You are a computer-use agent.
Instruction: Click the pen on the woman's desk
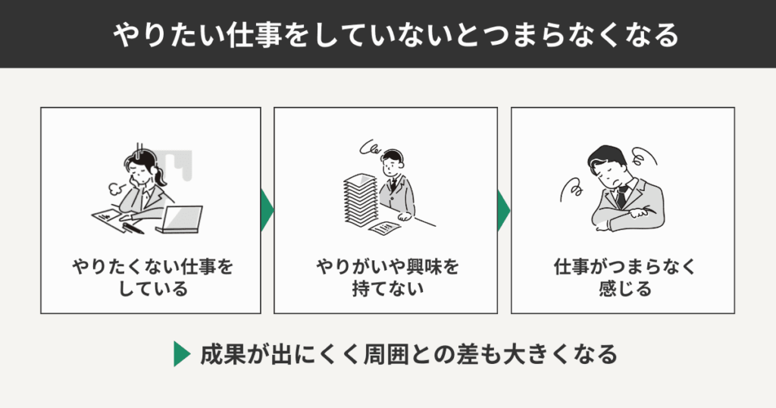(x=133, y=228)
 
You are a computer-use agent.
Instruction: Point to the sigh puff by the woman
(x=115, y=188)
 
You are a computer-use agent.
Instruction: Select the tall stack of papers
(x=361, y=200)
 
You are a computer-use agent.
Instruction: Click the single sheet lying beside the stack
(x=384, y=228)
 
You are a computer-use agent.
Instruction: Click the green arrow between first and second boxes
(x=267, y=210)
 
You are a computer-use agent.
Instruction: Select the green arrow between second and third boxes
(x=504, y=210)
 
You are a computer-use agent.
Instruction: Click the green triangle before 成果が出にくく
(x=181, y=354)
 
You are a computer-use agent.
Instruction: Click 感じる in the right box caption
(x=624, y=288)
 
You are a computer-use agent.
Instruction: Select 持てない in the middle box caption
(x=387, y=288)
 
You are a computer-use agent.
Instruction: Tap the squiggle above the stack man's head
(x=370, y=148)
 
